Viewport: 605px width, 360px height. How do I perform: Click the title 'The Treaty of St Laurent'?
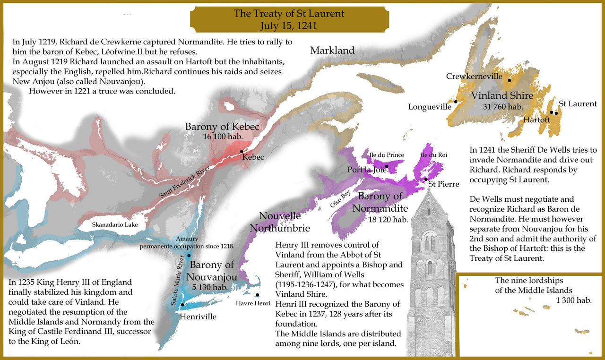(289, 14)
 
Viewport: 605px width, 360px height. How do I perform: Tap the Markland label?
(332, 51)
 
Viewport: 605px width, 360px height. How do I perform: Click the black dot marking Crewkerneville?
(510, 80)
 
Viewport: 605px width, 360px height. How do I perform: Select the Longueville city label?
(430, 107)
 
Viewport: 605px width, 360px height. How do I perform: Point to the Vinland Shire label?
(502, 95)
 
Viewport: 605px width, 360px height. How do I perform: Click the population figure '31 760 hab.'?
(502, 107)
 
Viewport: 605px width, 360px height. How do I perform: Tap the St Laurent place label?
(578, 103)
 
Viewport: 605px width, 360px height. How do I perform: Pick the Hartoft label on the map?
(536, 120)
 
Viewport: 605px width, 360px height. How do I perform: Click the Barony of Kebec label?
(222, 127)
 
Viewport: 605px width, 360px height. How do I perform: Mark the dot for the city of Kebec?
(242, 152)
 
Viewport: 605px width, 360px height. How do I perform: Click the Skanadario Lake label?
(115, 224)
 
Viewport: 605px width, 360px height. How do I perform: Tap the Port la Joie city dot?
(387, 166)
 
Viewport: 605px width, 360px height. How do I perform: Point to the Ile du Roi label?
(433, 154)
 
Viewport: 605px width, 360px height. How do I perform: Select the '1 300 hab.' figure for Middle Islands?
(574, 300)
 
